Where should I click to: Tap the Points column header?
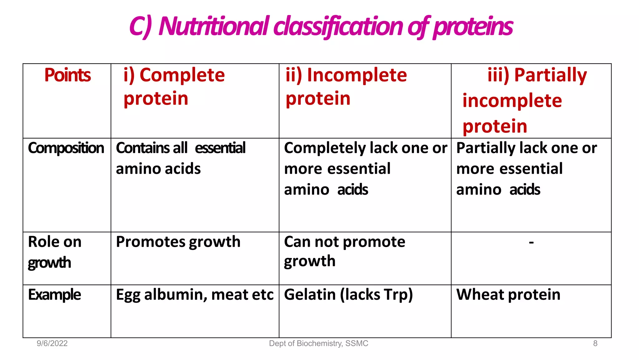(67, 75)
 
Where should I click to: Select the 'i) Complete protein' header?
(174, 87)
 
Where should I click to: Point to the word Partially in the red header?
(550, 75)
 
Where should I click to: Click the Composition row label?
(66, 148)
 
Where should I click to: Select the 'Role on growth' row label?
(55, 252)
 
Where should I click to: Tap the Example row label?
(54, 295)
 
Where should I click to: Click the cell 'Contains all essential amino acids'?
(180, 158)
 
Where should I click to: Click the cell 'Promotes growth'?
(178, 242)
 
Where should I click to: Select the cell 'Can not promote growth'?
(344, 251)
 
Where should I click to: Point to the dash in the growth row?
(531, 242)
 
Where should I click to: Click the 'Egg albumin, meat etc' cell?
(194, 295)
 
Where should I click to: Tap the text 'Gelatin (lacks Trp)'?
(348, 295)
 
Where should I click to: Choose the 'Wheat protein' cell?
(508, 295)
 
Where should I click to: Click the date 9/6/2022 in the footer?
(52, 343)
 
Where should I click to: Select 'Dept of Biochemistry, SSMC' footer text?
(319, 343)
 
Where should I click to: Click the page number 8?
(595, 343)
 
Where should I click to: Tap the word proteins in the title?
(473, 26)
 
